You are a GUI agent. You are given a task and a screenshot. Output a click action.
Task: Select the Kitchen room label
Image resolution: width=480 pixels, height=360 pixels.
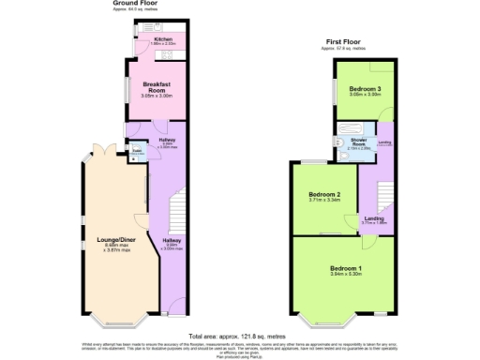[162, 39]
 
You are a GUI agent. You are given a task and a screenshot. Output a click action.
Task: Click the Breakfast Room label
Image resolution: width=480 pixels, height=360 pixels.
[154, 86]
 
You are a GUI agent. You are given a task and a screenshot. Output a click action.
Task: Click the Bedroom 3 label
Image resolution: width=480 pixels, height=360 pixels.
[364, 88]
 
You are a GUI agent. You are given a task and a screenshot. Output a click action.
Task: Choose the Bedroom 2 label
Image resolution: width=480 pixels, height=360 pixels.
[323, 194]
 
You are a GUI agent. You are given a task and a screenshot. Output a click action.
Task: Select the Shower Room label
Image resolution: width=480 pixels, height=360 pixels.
[358, 143]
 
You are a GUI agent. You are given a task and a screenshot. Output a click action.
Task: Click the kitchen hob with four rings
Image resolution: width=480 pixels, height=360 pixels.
[176, 52]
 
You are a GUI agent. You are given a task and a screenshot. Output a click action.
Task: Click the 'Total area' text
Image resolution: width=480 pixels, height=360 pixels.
[240, 336]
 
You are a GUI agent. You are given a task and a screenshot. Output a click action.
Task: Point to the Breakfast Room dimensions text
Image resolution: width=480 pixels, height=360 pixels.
[154, 96]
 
